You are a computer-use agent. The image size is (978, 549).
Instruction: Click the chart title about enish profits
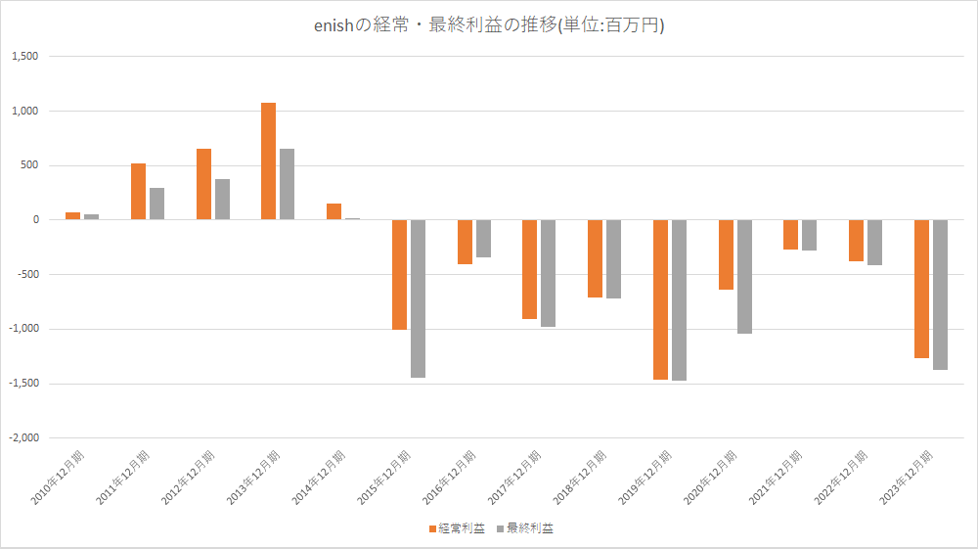488,26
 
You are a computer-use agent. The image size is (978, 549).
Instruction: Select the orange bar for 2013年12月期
268,161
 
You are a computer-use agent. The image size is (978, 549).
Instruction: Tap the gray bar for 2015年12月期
418,298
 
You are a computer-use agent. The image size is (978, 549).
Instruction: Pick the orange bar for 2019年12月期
660,299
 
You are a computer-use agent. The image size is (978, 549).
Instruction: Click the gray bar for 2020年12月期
744,277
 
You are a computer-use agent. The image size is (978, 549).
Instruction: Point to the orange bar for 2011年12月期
138,192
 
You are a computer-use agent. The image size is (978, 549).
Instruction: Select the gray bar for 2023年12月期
940,295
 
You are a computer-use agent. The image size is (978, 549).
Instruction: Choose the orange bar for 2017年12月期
529,269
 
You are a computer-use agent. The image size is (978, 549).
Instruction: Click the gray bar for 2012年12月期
222,200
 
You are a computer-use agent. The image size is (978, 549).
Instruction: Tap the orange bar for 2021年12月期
790,235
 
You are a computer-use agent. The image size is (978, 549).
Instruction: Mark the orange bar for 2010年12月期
72,215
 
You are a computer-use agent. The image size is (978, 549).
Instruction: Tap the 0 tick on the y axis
34,220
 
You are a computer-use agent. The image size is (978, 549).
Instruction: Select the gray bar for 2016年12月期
483,239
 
